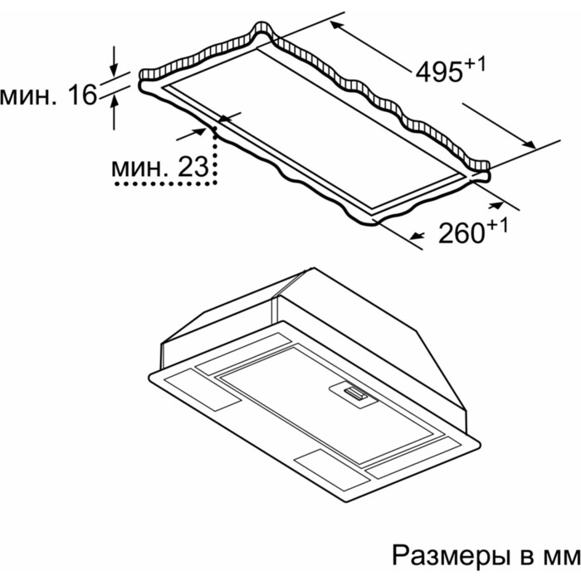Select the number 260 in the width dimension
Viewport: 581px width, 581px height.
(461, 233)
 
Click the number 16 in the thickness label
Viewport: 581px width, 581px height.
(83, 96)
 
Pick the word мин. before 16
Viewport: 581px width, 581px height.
(31, 96)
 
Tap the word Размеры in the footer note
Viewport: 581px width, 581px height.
(443, 553)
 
